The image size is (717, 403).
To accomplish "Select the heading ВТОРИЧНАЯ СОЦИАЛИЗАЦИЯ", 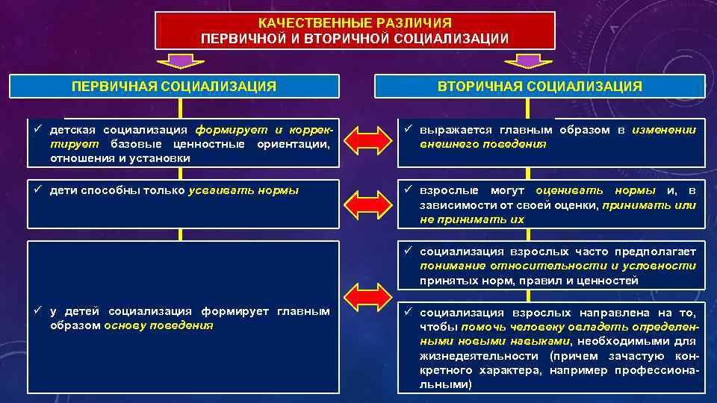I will [x=539, y=87].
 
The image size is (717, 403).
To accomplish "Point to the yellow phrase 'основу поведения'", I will [x=159, y=325].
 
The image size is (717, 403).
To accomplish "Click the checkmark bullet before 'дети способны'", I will [x=37, y=190].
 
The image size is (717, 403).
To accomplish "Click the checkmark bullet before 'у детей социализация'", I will [x=37, y=311].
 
